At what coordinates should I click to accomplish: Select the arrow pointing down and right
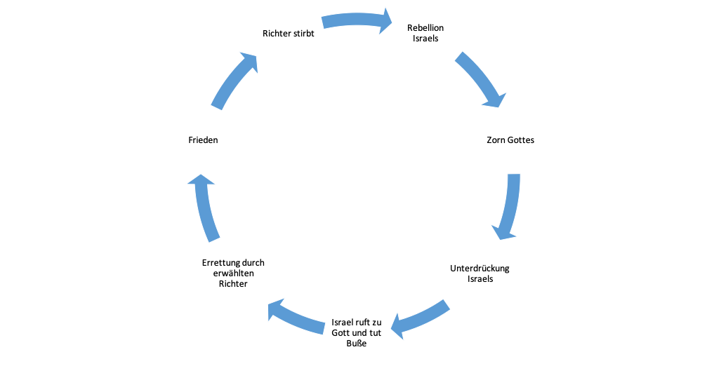point(480,79)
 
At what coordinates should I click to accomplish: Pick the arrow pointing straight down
point(510,205)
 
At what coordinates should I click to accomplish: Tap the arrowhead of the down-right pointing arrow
point(494,100)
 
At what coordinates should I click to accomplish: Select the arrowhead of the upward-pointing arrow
point(201,181)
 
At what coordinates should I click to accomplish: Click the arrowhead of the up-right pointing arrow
point(250,62)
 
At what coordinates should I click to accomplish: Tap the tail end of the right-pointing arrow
point(324,23)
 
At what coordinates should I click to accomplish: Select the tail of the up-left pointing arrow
point(324,327)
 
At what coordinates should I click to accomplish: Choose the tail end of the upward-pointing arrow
point(215,239)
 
